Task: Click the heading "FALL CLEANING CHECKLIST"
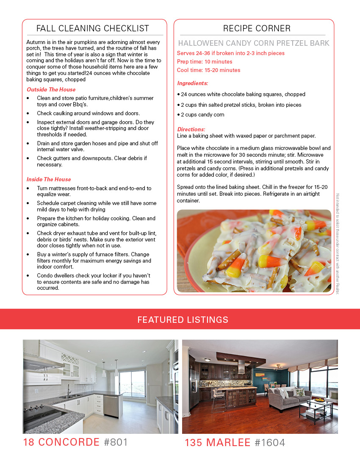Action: (x=93, y=29)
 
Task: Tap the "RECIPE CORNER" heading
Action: (x=257, y=29)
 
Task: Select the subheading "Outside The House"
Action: (x=51, y=90)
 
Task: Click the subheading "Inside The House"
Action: (x=49, y=180)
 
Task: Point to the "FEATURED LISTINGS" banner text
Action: (x=183, y=319)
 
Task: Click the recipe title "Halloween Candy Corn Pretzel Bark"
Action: (x=254, y=43)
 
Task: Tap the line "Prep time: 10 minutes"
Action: (x=205, y=62)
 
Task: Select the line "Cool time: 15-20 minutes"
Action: (x=208, y=70)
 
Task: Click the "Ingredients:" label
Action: (x=192, y=83)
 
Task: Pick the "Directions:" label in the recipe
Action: (x=191, y=129)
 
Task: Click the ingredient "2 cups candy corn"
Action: (x=202, y=115)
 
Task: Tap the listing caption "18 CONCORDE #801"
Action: (x=75, y=442)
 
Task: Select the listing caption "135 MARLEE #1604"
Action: (x=235, y=443)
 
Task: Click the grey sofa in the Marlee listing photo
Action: (x=288, y=398)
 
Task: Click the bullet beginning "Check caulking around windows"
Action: (x=88, y=114)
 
